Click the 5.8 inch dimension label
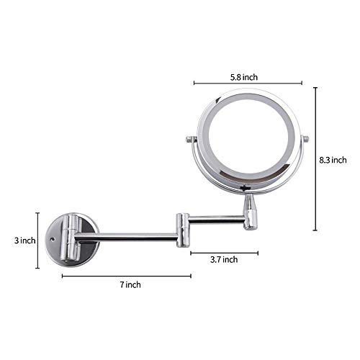[x=244, y=77]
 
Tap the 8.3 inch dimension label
[x=333, y=160]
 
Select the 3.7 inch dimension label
[x=224, y=259]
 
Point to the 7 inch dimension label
[x=130, y=285]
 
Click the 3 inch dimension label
[x=24, y=240]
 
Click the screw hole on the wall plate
[x=53, y=239]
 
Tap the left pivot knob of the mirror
[x=192, y=139]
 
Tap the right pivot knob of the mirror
[x=305, y=139]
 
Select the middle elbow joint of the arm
[x=183, y=230]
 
